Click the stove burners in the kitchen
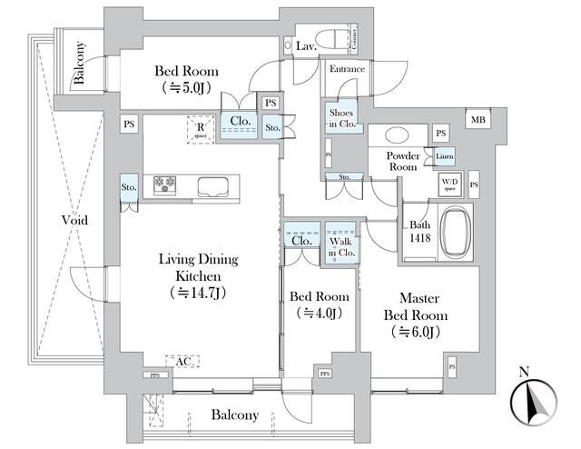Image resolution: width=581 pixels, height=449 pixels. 165,185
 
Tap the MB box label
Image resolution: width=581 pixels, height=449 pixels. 476,119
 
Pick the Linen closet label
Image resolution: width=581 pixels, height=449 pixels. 444,155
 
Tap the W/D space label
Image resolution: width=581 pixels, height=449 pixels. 449,185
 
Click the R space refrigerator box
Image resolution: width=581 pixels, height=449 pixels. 200,130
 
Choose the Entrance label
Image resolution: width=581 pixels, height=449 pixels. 347,69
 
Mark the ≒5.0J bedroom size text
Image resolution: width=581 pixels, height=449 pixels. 187,88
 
